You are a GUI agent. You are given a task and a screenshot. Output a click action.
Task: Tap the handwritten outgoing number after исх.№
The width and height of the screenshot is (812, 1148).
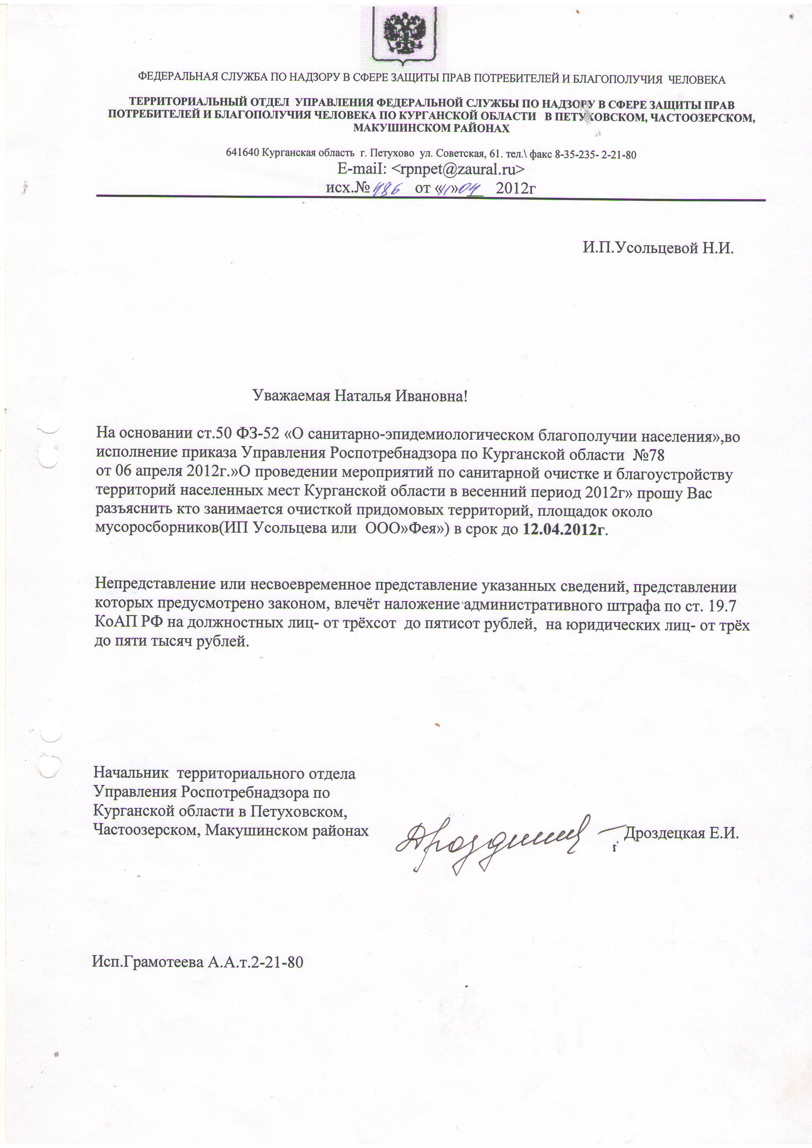(389, 189)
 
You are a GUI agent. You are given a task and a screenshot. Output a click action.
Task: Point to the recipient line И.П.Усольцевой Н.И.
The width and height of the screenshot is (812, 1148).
(658, 248)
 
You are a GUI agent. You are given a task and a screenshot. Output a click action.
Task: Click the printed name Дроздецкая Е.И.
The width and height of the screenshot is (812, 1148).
(681, 833)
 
